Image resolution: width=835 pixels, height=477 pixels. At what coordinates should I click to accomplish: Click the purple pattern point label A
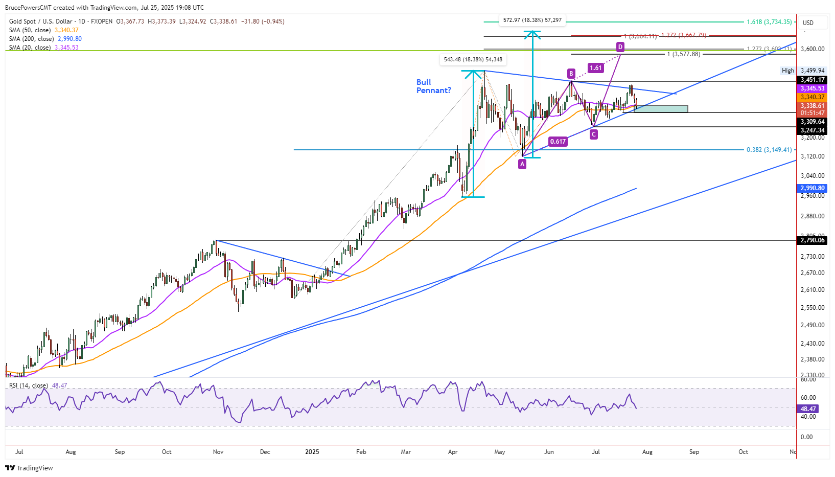pos(522,164)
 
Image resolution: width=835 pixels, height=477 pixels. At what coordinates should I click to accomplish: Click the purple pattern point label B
pos(571,73)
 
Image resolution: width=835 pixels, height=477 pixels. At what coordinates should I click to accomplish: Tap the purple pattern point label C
pos(593,134)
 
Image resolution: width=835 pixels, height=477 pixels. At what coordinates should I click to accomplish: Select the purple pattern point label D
pos(620,47)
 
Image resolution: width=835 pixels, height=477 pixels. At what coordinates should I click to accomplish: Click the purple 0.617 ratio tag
pos(558,142)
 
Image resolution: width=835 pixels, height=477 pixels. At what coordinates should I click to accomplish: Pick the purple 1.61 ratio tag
pos(595,68)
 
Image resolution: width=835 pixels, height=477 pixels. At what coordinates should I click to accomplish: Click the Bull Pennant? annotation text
pos(433,86)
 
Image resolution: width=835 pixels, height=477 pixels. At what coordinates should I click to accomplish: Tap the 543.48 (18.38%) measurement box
pos(473,60)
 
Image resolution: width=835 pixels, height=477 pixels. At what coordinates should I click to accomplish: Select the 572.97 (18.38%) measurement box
pos(532,20)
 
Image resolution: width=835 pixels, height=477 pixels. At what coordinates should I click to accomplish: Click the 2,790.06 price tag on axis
pos(812,240)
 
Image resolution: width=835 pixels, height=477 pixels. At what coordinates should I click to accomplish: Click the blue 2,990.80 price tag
pos(812,188)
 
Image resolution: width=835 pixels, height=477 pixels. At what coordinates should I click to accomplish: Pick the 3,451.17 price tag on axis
pos(812,80)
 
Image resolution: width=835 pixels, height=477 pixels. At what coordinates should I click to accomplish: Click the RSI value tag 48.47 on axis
pos(808,409)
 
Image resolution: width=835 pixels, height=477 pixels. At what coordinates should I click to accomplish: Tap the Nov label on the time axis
pos(218,452)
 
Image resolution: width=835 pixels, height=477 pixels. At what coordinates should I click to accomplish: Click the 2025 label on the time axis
pos(312,452)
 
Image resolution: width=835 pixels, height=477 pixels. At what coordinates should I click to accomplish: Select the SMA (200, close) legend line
pos(45,39)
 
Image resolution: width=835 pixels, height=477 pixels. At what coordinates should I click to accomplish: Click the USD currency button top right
pos(808,22)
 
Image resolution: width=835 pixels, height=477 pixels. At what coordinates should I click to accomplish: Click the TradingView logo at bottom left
pos(29,468)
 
